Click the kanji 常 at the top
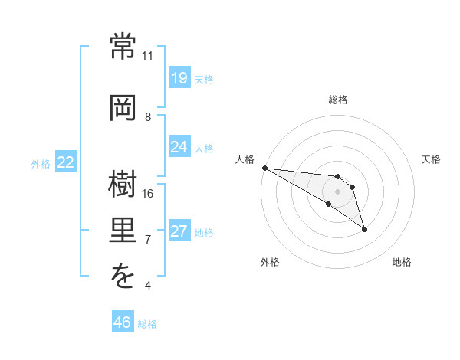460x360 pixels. (x=123, y=46)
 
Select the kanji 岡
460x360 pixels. (x=123, y=108)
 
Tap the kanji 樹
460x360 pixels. (x=123, y=184)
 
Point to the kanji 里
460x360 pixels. (x=123, y=230)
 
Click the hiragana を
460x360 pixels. (x=123, y=275)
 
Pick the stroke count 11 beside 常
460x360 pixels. (x=147, y=56)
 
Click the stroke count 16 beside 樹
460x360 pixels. (x=147, y=194)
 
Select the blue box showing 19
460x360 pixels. (x=180, y=77)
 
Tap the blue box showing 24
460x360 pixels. (x=180, y=146)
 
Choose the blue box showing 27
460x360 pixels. (x=180, y=230)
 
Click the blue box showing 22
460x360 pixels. (x=66, y=162)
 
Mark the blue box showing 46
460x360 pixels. (x=123, y=321)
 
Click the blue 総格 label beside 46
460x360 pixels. (x=147, y=324)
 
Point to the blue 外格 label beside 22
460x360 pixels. (x=41, y=164)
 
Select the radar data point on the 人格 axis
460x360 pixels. (x=265, y=168)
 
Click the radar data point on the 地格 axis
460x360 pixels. (x=364, y=230)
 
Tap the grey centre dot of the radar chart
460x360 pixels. (x=337, y=191)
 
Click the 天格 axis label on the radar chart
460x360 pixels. (x=431, y=159)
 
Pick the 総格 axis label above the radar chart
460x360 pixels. (x=338, y=100)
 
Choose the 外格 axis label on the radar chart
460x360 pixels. (x=270, y=262)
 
